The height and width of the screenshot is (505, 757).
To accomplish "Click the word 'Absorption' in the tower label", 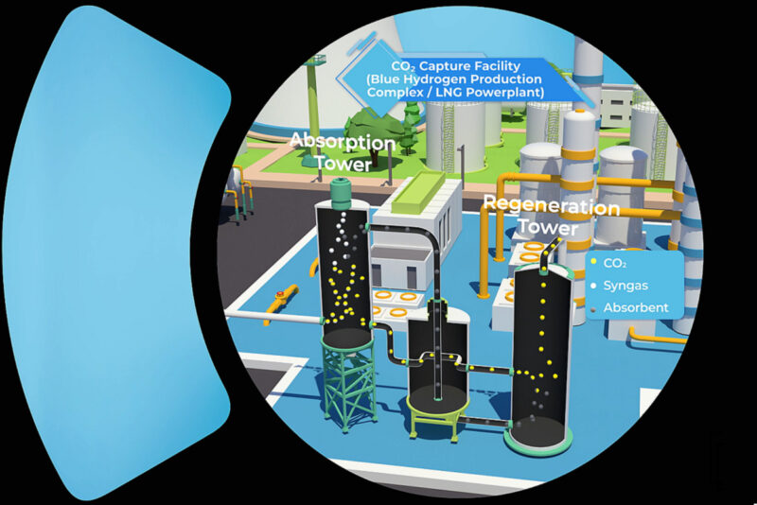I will (x=343, y=143).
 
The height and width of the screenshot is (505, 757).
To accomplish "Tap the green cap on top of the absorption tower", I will (x=342, y=193).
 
